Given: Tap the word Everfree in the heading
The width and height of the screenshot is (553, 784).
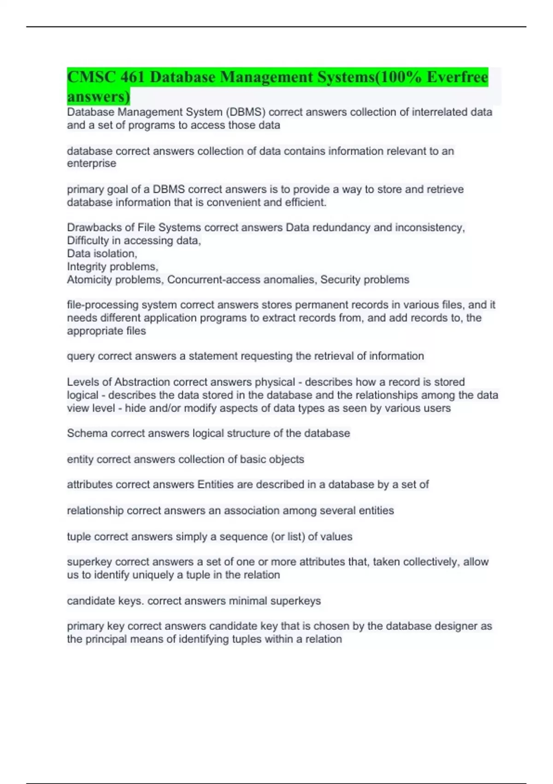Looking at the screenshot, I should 457,77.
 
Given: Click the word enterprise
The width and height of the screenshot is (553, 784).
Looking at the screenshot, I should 91,164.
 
